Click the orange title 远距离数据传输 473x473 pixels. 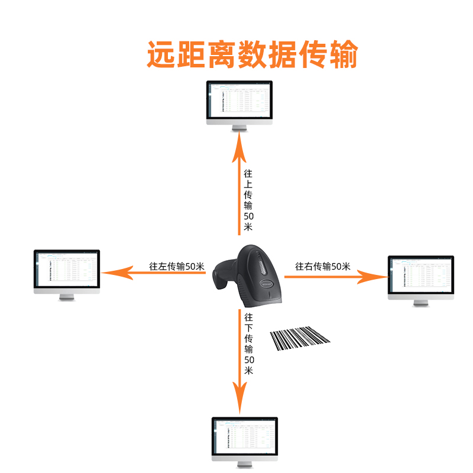[252, 54]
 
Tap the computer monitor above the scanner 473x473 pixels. [240, 101]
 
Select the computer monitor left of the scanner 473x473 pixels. [66, 271]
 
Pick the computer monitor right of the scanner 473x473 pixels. [420, 277]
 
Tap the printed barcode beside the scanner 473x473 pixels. [300, 338]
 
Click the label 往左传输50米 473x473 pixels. [177, 267]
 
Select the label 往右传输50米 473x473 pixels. [323, 266]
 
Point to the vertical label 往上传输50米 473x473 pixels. [248, 201]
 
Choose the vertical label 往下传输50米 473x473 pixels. [249, 345]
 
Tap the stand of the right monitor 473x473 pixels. [420, 302]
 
